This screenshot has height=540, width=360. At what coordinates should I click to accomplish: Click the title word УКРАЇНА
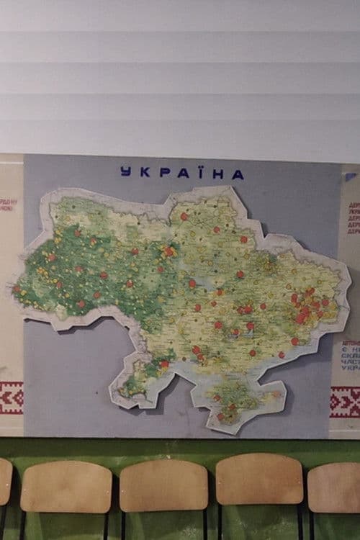181,173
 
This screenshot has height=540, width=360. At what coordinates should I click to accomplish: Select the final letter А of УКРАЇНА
238,174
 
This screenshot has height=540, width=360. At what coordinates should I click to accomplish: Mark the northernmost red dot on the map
184,216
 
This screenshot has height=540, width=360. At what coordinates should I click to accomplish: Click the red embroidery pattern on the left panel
11,397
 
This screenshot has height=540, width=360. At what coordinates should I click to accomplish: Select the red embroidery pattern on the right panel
345,401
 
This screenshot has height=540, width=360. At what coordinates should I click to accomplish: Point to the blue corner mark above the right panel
350,176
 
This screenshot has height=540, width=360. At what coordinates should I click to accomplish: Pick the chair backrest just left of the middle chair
66,487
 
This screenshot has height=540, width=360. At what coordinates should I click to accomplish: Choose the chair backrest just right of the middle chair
259,480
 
